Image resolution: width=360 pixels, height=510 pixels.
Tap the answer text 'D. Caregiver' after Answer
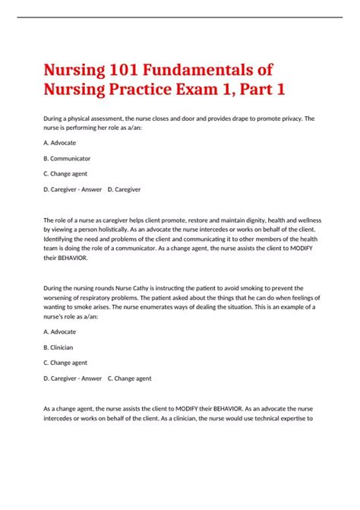pyautogui.click(x=125, y=189)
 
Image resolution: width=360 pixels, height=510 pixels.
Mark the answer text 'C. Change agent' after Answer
pyautogui.click(x=129, y=378)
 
